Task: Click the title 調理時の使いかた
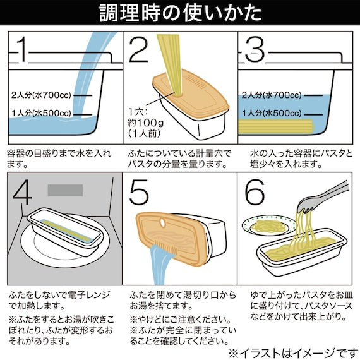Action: click(x=180, y=13)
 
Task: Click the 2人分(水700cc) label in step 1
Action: click(x=41, y=95)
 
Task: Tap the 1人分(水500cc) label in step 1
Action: click(x=41, y=113)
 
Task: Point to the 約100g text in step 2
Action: click(x=147, y=124)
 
